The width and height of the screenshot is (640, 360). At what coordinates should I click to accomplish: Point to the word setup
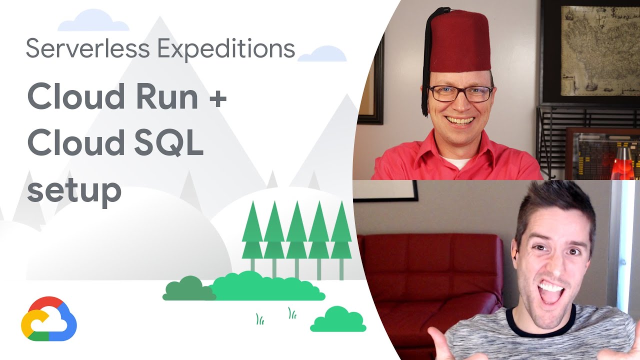(74, 191)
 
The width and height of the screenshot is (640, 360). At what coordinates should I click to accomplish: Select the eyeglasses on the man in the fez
(460, 93)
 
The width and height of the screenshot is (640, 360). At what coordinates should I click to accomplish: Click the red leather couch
(430, 280)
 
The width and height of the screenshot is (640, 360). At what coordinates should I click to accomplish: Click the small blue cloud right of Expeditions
(322, 54)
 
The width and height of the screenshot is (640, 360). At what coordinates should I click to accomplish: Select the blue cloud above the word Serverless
(93, 21)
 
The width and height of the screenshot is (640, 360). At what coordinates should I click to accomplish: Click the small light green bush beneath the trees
(338, 320)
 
